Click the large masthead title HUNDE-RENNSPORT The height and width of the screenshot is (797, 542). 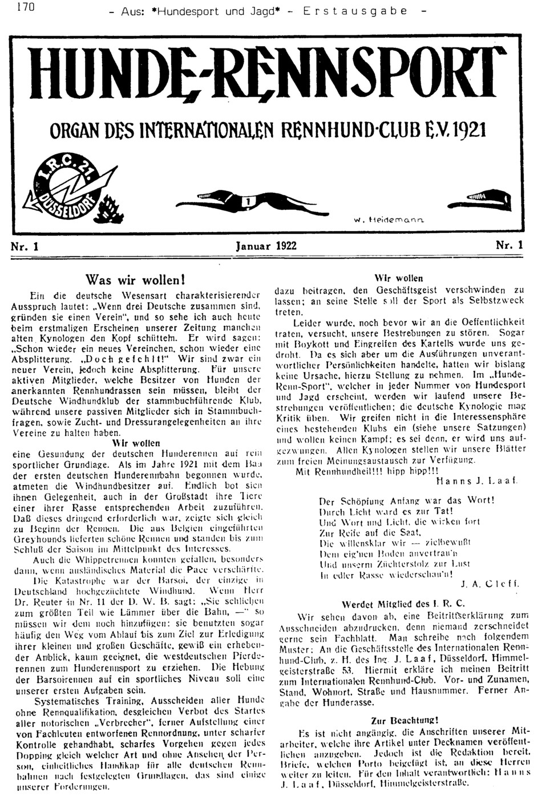click(x=270, y=74)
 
